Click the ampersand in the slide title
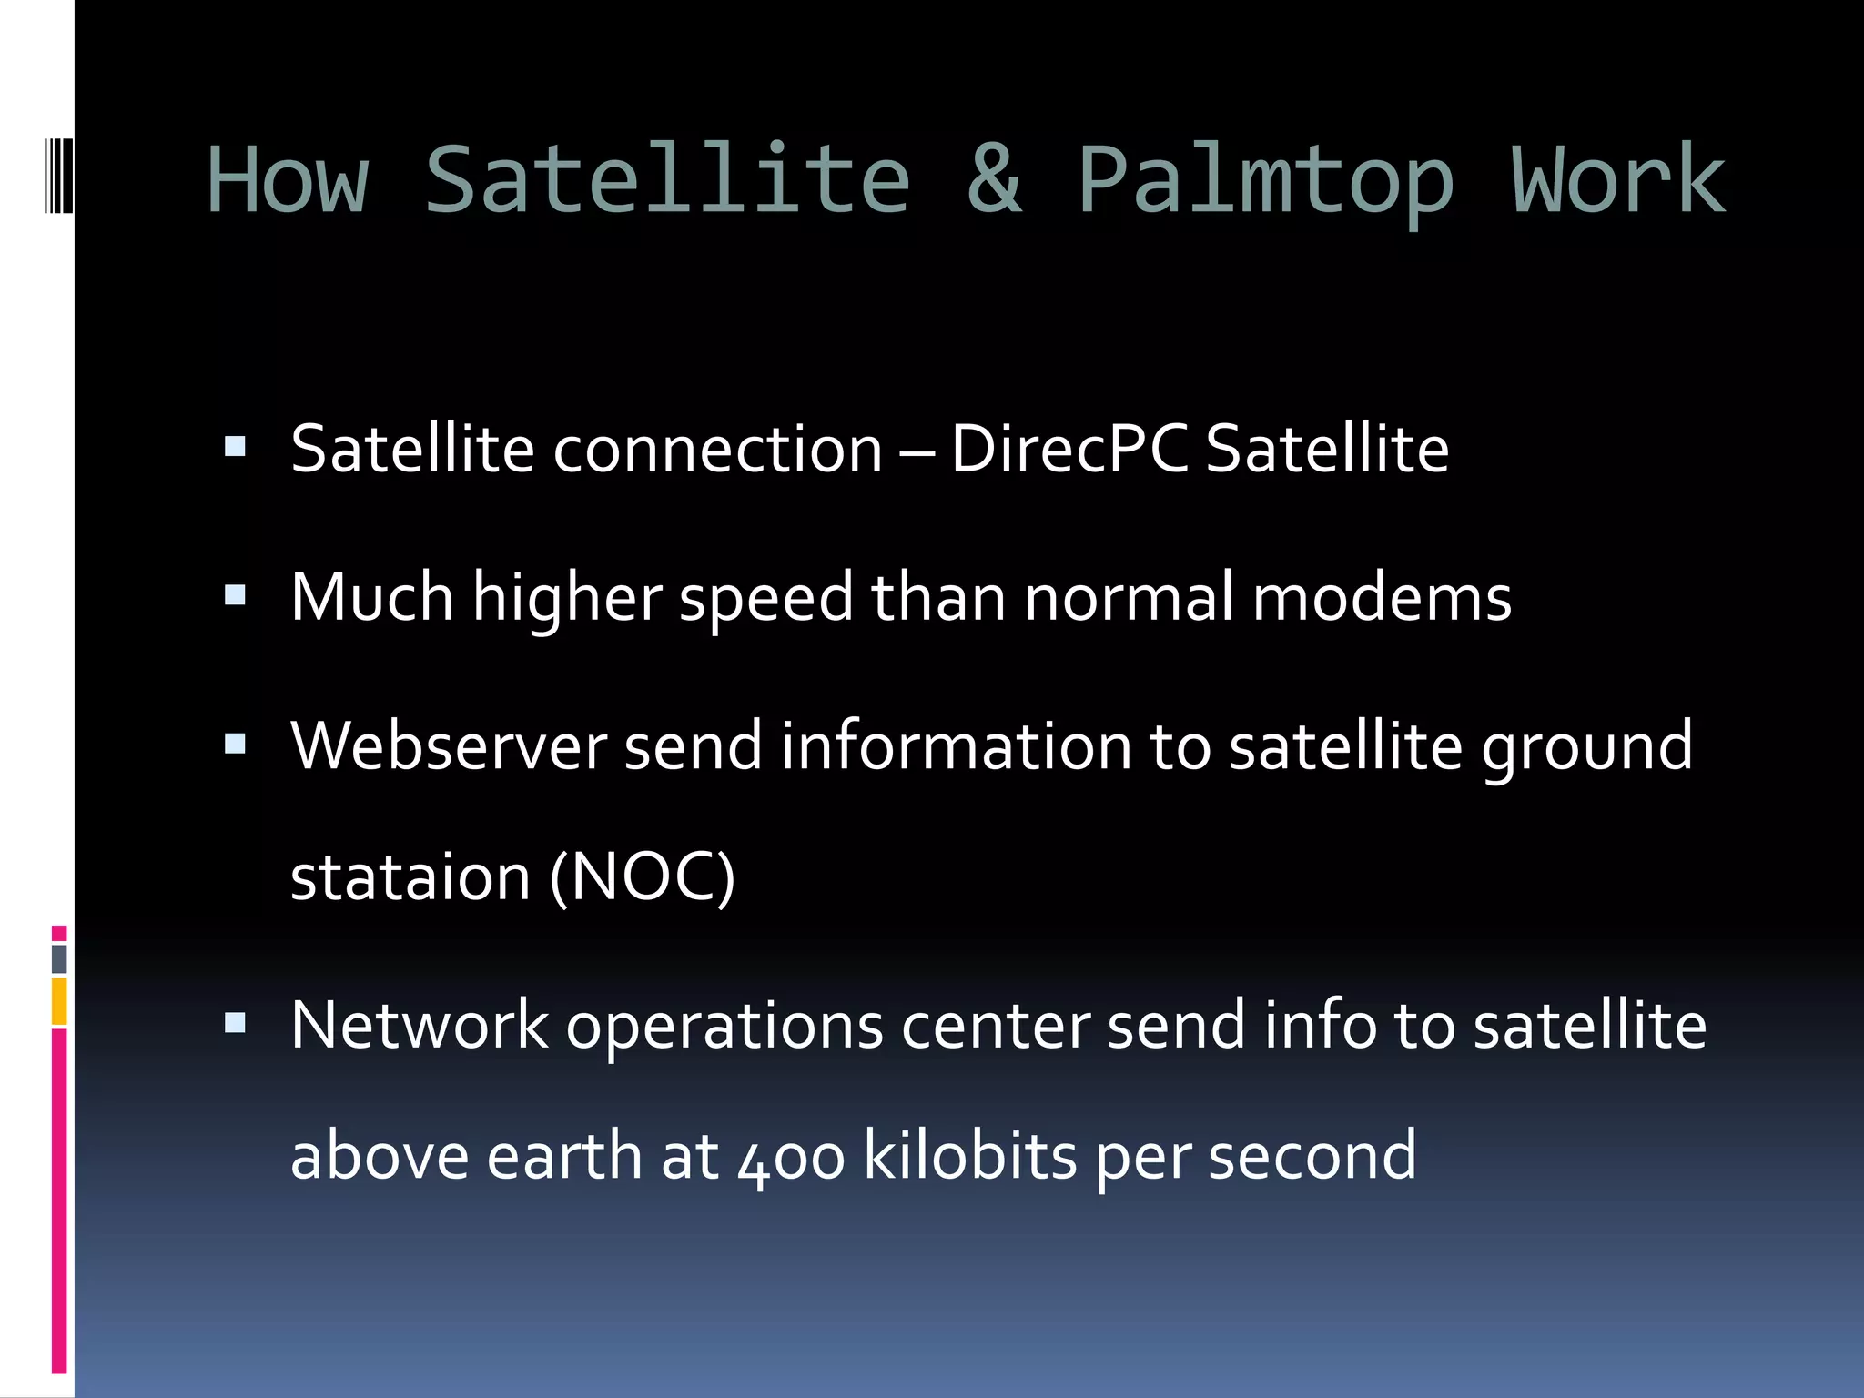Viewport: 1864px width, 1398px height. click(x=994, y=180)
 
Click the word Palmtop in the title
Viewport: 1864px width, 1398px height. click(x=1265, y=182)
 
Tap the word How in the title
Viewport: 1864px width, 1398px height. click(x=288, y=180)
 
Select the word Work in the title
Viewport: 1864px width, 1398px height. click(x=1618, y=180)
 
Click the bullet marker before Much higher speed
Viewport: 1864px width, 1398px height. click(x=235, y=596)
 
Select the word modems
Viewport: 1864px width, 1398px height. click(x=1382, y=598)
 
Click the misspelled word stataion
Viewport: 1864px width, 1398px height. click(x=410, y=877)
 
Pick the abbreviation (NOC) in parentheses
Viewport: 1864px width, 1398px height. click(x=643, y=877)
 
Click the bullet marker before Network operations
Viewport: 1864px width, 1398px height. click(x=235, y=1024)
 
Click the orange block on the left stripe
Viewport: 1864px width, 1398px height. click(x=59, y=1001)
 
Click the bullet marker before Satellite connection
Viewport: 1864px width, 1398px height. click(x=235, y=447)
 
